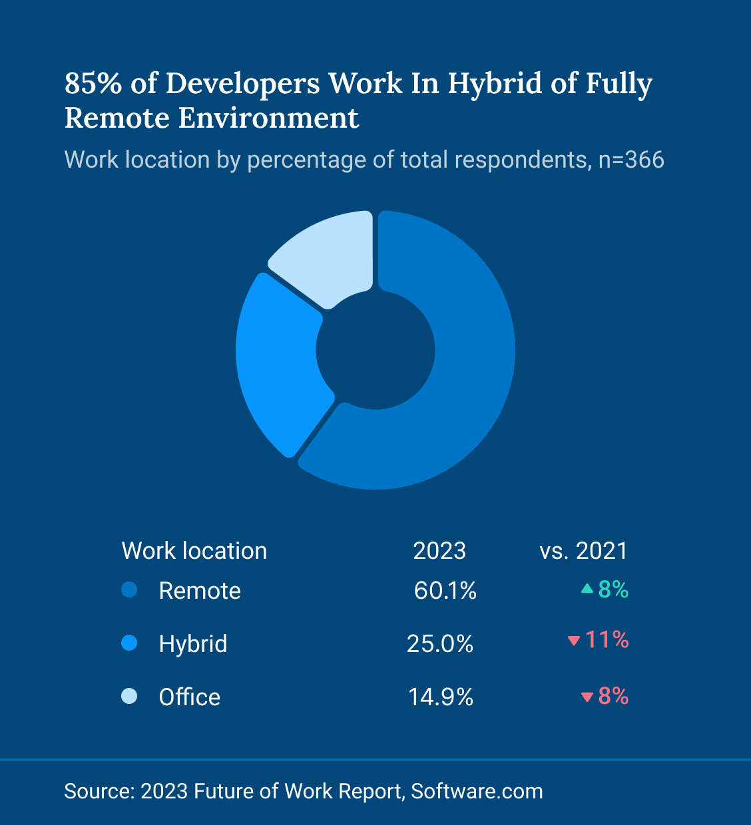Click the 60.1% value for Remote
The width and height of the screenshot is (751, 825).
[445, 591]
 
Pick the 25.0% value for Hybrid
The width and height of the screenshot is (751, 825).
[440, 644]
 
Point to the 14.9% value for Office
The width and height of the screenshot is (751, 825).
[441, 697]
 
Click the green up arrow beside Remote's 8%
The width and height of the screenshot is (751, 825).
[587, 589]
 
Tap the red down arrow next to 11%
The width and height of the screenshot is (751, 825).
[573, 641]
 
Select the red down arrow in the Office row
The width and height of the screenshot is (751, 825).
[587, 697]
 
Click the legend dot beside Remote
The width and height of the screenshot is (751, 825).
[129, 590]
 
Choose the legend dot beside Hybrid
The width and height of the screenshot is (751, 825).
[129, 643]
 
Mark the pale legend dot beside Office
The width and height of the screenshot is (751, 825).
[129, 697]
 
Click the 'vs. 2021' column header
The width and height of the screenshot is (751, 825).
[583, 551]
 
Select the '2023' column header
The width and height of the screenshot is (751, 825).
[439, 551]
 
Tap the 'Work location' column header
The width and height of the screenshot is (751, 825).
[194, 551]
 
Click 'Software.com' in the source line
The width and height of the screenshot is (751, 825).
[477, 791]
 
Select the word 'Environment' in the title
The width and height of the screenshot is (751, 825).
[268, 118]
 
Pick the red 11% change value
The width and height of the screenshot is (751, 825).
[607, 640]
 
